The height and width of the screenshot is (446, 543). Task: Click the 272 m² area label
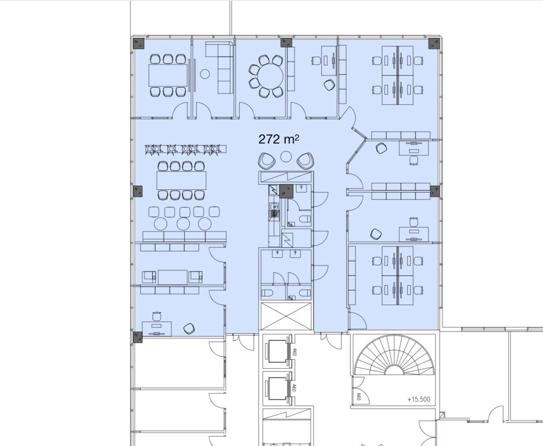[279, 139]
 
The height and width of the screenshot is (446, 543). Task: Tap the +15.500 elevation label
[419, 400]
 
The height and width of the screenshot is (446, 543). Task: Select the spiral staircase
[394, 355]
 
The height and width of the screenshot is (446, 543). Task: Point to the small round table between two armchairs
[286, 157]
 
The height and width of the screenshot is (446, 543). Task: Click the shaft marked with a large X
[287, 316]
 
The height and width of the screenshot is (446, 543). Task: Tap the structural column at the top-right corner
[434, 44]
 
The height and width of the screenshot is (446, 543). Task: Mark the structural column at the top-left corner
[139, 44]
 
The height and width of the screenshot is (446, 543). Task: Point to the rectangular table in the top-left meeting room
[168, 75]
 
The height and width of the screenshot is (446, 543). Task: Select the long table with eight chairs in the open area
[181, 180]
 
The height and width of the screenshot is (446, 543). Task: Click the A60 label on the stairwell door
[358, 396]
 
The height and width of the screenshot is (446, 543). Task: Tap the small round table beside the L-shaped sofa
[205, 74]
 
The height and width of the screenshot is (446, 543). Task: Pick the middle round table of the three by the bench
[183, 224]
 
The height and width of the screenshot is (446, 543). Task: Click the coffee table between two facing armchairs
[172, 277]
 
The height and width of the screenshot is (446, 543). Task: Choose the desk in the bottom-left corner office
[157, 329]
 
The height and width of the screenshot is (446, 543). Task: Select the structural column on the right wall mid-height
[435, 191]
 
